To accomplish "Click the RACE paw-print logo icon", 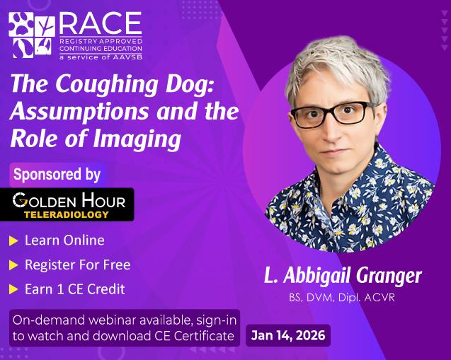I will pyautogui.click(x=32, y=35).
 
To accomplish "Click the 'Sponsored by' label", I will pyautogui.click(x=57, y=174).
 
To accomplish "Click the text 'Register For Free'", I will pyautogui.click(x=77, y=265).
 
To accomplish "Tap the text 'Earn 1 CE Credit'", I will pyautogui.click(x=74, y=289).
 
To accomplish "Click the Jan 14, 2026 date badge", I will pyautogui.click(x=288, y=335).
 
